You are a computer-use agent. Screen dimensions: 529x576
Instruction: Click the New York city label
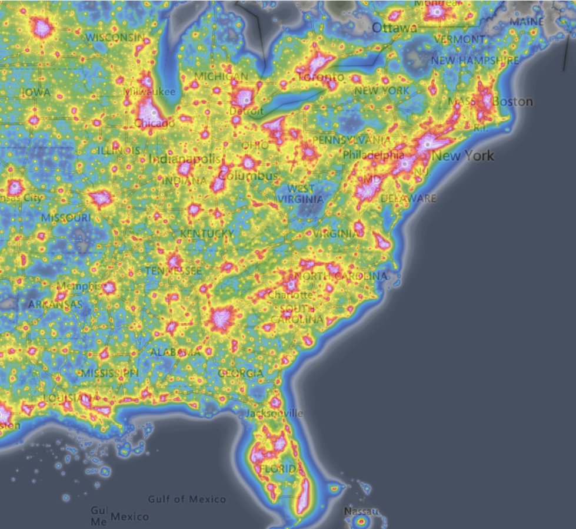[x=463, y=156]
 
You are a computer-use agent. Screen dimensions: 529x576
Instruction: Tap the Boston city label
[x=512, y=101]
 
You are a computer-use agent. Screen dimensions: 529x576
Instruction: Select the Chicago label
[x=154, y=123]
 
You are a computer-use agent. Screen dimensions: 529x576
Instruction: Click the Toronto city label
[x=321, y=77]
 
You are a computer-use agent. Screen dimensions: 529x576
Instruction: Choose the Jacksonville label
[x=275, y=413]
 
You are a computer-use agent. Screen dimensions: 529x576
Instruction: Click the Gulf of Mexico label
[x=187, y=499]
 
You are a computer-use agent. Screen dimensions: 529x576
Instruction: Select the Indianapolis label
[x=184, y=159]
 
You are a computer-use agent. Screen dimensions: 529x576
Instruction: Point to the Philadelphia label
[x=374, y=156]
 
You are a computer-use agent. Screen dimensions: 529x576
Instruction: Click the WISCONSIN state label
[x=115, y=37]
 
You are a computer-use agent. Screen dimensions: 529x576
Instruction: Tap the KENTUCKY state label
[x=207, y=234]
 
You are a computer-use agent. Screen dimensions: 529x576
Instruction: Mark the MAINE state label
[x=527, y=22]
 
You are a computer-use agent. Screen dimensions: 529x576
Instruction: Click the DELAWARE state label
[x=408, y=199]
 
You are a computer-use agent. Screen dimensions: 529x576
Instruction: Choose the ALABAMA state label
[x=175, y=352]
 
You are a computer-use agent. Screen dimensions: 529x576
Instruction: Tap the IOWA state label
[x=36, y=92]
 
